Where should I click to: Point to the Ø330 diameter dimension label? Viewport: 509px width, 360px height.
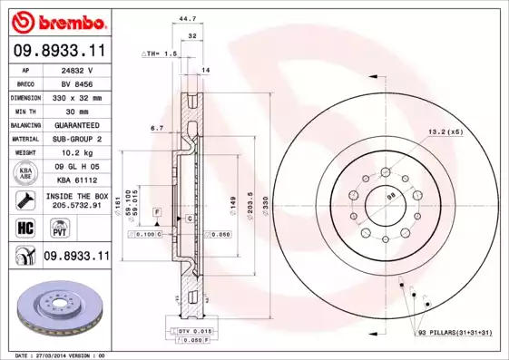pyautogui.click(x=264, y=211)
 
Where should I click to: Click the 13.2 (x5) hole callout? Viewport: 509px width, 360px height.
pyautogui.click(x=445, y=131)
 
